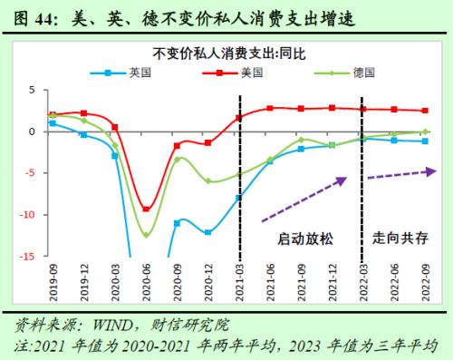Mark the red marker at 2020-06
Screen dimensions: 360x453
coord(146,209)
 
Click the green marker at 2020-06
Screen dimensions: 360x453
coord(146,236)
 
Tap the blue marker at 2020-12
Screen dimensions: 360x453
coord(208,232)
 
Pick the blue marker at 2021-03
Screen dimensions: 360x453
coord(239,198)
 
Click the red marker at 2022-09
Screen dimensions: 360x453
coord(425,111)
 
